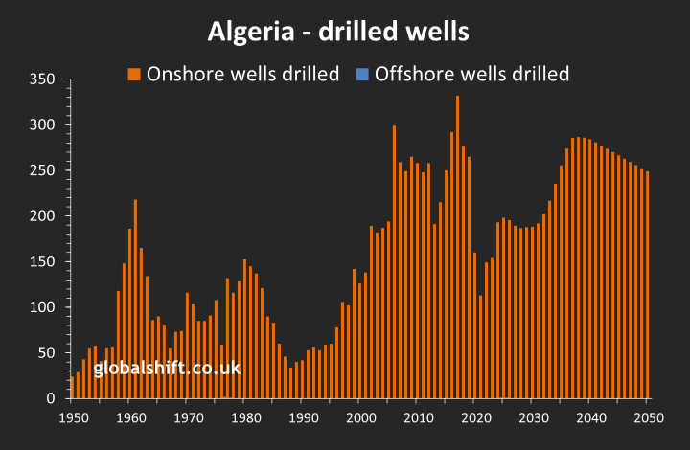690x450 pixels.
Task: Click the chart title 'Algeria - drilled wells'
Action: point(338,32)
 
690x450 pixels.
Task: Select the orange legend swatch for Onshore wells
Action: point(134,74)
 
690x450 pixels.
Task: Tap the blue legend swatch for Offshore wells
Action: point(362,74)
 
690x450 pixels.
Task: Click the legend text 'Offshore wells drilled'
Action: point(471,74)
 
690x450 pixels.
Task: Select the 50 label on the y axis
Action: point(46,353)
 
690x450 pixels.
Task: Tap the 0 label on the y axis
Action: point(51,398)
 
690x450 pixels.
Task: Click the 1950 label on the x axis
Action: point(72,417)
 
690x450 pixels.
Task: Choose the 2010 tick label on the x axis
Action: point(418,417)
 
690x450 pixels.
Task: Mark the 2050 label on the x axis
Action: point(648,417)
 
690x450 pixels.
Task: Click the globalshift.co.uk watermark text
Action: point(167,368)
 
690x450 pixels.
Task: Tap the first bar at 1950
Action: point(72,387)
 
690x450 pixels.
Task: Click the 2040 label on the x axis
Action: point(590,417)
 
